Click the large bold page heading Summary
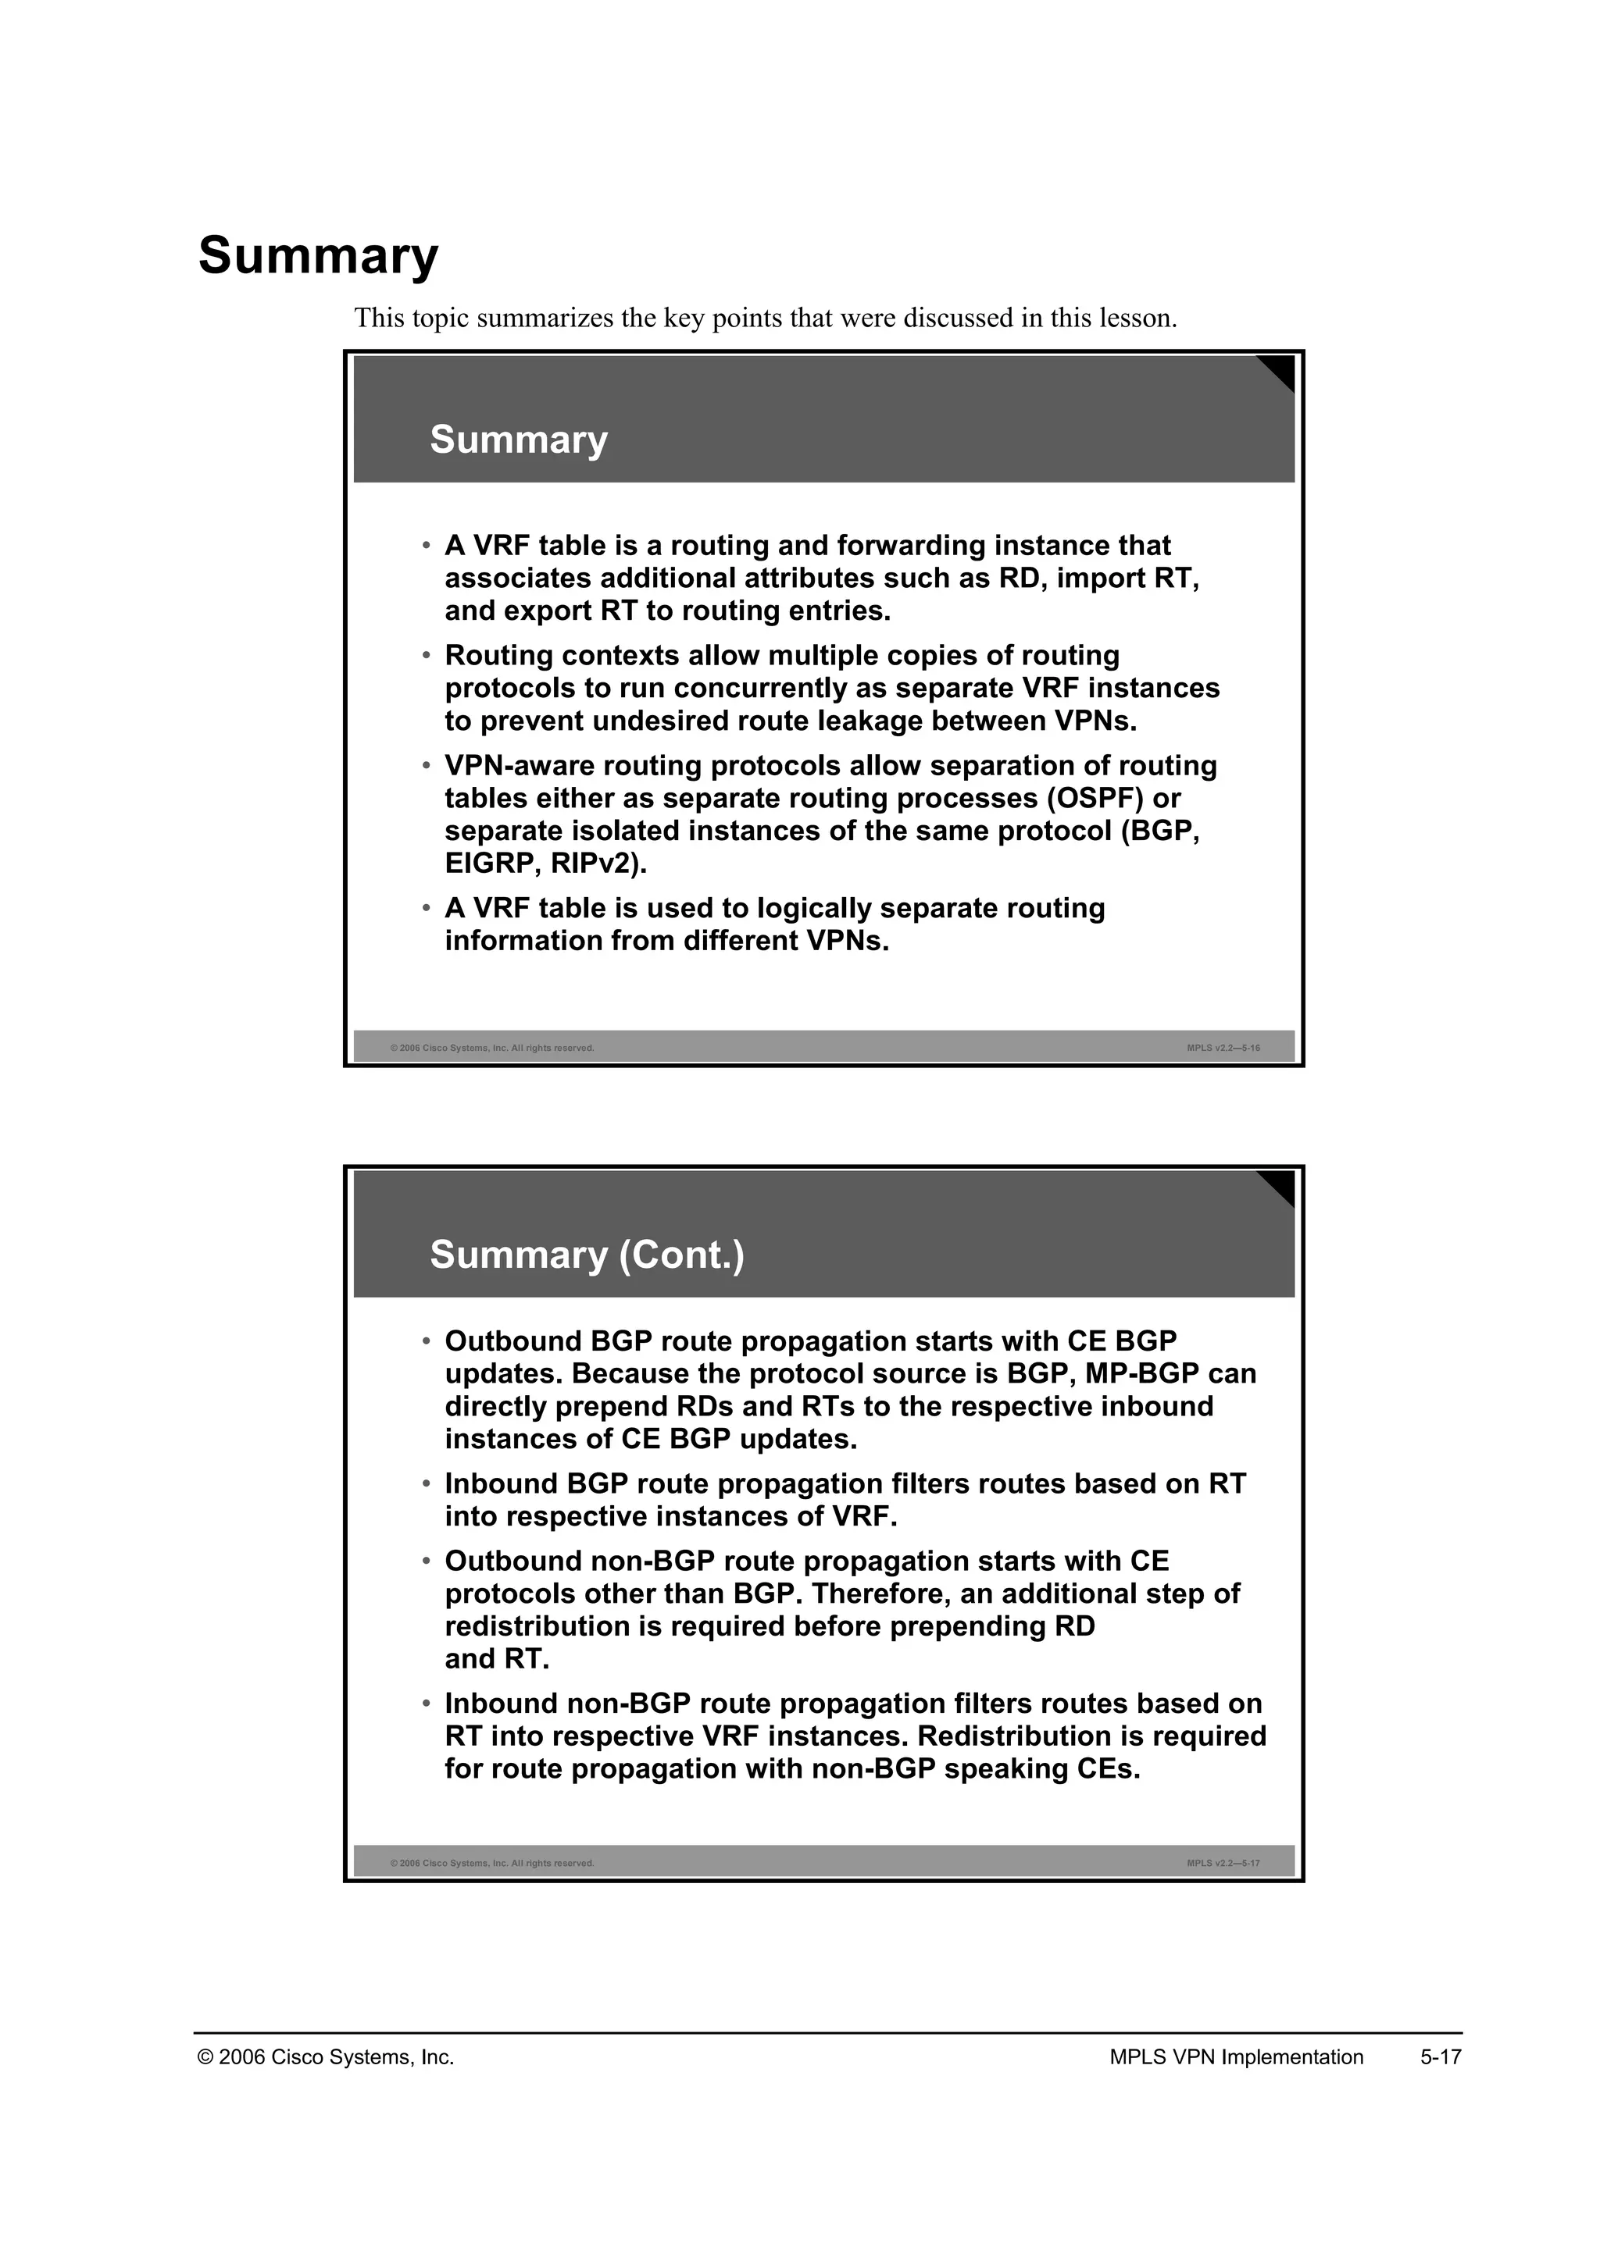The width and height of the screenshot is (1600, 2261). click(318, 256)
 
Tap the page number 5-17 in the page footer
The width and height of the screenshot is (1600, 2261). click(1441, 2057)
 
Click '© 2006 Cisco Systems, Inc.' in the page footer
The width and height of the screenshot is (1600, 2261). click(326, 2057)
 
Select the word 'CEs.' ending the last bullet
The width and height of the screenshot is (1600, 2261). click(1109, 1768)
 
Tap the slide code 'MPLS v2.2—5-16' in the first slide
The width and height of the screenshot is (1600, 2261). click(1223, 1048)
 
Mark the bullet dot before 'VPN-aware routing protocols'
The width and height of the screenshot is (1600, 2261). click(427, 765)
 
